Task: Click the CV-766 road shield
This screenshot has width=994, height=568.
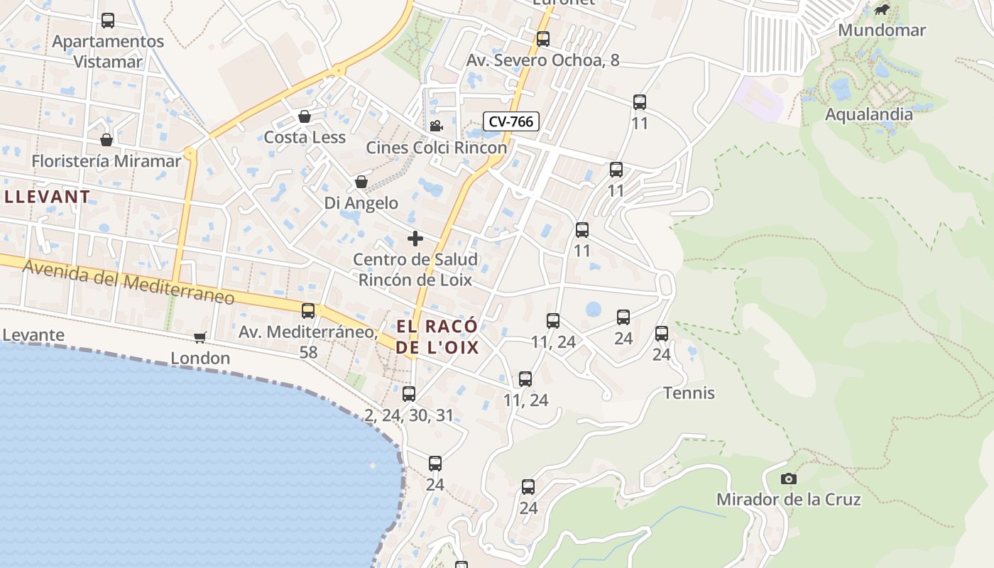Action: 511,121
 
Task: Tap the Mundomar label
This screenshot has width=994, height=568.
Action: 882,30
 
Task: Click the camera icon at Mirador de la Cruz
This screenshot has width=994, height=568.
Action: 788,479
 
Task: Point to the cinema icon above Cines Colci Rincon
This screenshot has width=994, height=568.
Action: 436,126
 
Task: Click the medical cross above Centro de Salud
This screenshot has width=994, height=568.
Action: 415,239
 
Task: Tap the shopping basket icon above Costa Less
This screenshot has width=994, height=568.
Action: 305,116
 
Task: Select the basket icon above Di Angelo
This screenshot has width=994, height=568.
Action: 361,182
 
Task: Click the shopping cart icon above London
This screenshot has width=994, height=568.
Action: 200,337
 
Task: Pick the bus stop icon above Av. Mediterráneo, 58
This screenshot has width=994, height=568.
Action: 308,311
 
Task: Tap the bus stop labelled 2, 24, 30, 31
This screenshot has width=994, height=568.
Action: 409,394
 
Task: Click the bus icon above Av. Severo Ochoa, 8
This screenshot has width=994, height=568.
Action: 543,39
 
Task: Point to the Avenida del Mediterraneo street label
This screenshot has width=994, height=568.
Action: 128,282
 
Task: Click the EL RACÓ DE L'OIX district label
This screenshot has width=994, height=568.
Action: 437,337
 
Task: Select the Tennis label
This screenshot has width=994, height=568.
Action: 689,393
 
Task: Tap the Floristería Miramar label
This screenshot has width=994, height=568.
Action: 106,161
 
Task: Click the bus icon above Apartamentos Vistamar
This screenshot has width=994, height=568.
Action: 108,21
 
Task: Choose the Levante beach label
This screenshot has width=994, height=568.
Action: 33,334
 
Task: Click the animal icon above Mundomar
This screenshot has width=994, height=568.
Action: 882,10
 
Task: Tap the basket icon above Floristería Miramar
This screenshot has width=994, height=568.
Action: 106,140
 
